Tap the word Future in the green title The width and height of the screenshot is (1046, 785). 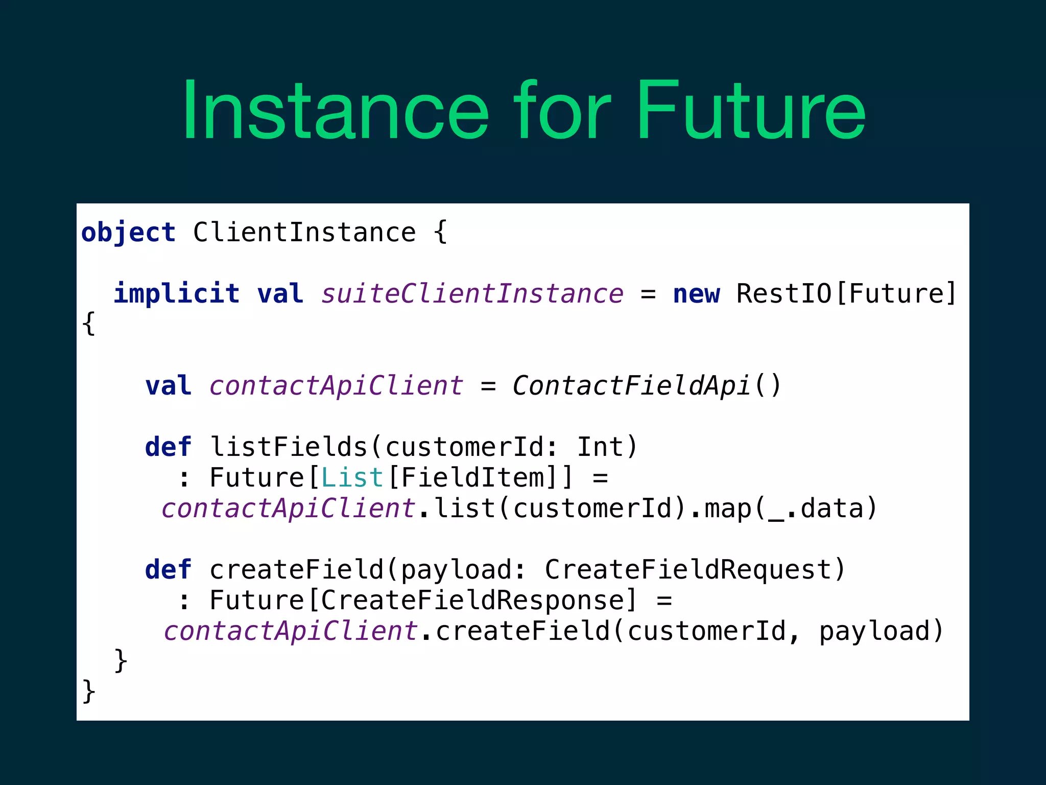751,110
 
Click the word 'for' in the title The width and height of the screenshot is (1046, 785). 562,110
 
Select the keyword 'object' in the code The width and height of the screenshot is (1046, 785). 128,233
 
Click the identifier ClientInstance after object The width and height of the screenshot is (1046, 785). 304,233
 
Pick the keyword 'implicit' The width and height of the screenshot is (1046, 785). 177,294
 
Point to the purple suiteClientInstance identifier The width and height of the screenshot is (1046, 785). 472,294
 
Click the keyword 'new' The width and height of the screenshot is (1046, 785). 696,294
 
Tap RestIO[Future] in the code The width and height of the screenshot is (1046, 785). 846,294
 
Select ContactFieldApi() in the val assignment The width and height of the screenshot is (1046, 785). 647,386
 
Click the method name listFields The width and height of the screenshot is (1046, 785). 289,447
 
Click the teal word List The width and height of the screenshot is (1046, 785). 352,478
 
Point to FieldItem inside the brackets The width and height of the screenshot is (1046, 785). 473,478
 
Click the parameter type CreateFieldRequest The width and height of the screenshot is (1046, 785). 687,570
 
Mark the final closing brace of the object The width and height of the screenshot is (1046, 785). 88,691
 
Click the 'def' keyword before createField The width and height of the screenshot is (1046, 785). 168,570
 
